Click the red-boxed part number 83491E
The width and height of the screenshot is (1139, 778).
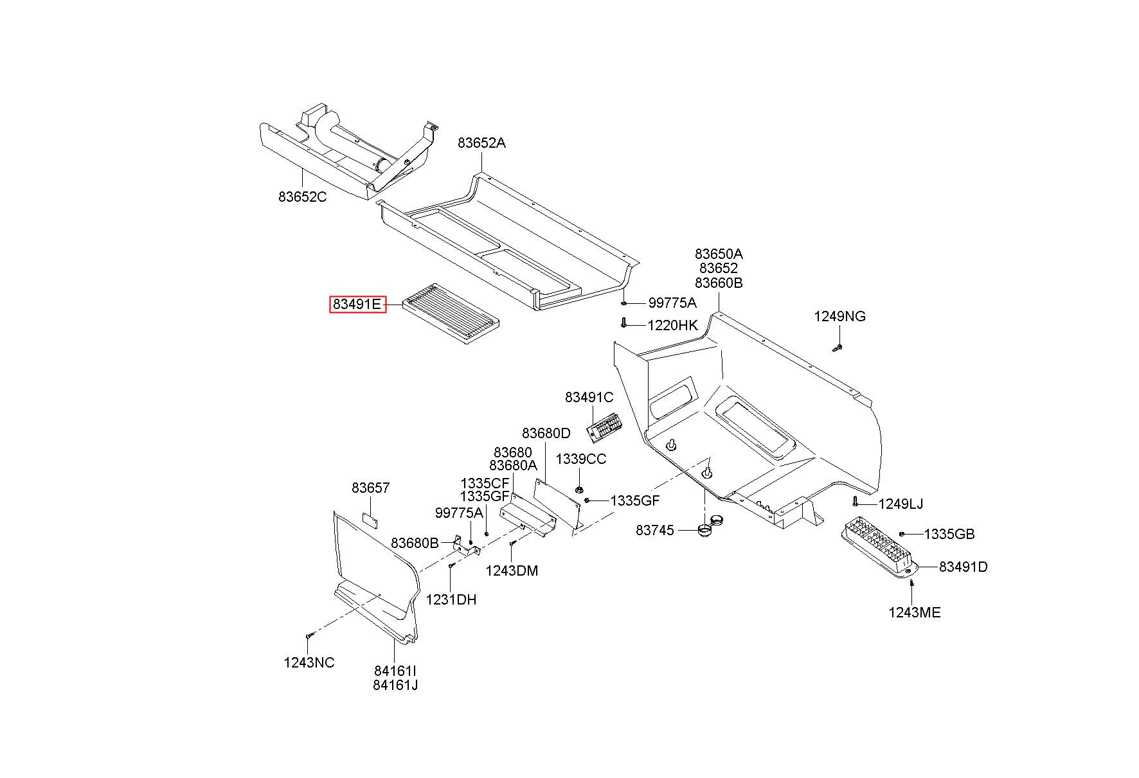358,304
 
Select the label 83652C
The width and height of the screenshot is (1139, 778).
303,197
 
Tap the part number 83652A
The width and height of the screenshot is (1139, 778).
481,143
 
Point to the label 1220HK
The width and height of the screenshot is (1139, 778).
672,325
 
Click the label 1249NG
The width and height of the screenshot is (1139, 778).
839,316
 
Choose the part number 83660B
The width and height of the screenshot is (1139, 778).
719,283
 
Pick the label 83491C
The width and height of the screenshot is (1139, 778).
589,397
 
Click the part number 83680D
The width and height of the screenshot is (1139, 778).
546,433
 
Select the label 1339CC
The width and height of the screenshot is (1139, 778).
581,459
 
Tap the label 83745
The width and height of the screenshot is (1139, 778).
655,530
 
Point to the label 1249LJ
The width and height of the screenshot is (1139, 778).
901,504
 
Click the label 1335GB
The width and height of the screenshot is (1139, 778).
949,534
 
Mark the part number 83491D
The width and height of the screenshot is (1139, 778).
964,567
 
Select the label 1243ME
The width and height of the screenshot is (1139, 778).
915,612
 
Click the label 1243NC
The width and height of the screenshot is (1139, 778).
309,662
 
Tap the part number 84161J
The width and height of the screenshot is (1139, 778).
395,685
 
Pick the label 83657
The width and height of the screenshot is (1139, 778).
371,488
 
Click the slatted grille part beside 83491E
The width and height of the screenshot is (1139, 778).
451,314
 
